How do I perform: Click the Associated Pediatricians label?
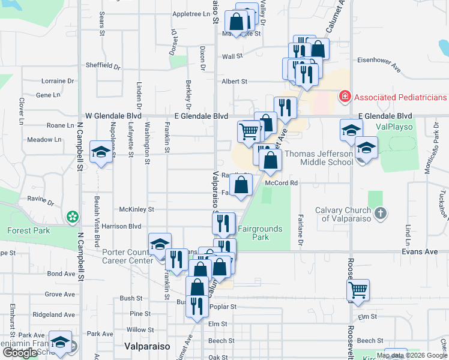[400, 97]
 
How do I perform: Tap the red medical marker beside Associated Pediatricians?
[345, 96]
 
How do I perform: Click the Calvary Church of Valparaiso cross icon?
[380, 213]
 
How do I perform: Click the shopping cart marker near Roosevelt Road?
[358, 290]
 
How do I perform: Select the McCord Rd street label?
[282, 183]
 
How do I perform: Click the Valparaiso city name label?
[147, 346]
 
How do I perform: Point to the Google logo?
[20, 353]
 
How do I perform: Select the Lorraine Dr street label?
[58, 80]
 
